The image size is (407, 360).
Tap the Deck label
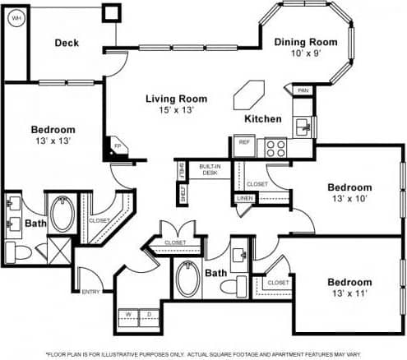[67, 43]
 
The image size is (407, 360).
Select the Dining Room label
[306, 42]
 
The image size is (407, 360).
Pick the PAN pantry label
[303, 90]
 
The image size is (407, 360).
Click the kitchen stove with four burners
[274, 148]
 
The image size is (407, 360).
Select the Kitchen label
[263, 119]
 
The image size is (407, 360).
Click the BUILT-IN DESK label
[210, 170]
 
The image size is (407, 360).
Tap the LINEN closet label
[245, 198]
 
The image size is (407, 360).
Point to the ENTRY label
[91, 291]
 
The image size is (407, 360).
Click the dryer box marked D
[148, 313]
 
